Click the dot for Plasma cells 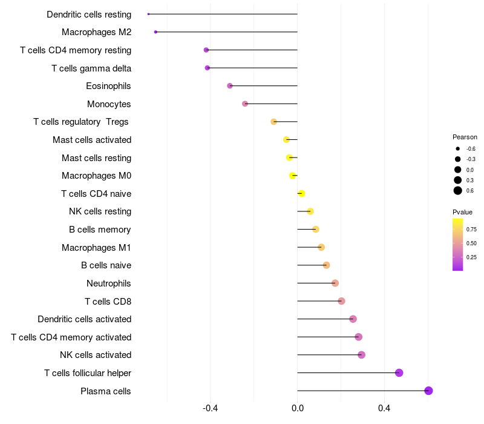coord(428,391)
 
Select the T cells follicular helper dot coord(399,373)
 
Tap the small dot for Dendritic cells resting coord(148,14)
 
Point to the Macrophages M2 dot coord(155,32)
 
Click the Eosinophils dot coord(230,86)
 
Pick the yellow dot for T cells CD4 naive coord(301,194)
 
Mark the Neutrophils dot coord(335,283)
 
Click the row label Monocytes coord(109,104)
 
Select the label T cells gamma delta coord(91,68)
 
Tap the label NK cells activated coord(96,355)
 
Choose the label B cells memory coord(100,230)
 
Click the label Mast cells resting coord(96,158)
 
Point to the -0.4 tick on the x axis coord(211,409)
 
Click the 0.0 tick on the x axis coord(298,409)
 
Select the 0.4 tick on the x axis coord(384,409)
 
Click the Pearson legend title coord(465,137)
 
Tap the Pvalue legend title coord(463,212)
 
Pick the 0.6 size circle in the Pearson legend coord(458,191)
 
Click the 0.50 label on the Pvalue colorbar coord(471,243)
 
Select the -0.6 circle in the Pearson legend coord(458,148)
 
